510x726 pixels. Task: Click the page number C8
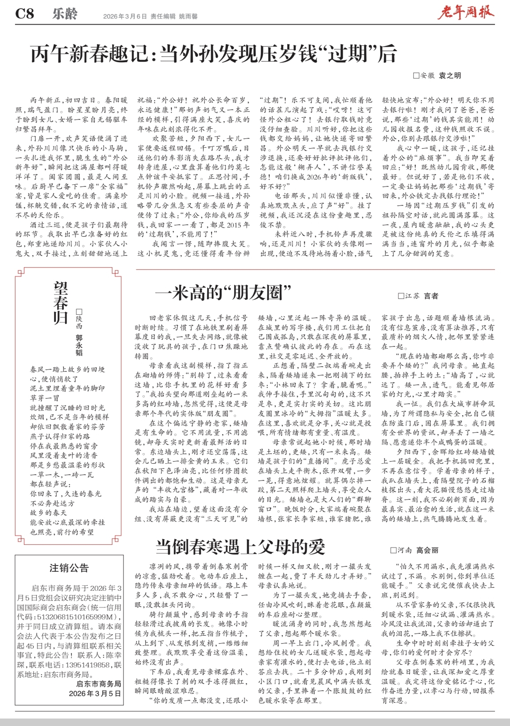click(x=25, y=14)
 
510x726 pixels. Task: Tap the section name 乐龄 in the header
click(x=64, y=14)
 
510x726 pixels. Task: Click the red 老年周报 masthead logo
click(x=465, y=13)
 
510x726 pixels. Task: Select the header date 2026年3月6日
click(x=125, y=16)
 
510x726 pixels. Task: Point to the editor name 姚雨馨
click(x=188, y=16)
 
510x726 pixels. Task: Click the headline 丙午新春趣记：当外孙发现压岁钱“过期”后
click(x=214, y=54)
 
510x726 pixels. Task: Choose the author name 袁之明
click(x=450, y=75)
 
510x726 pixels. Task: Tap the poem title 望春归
click(x=61, y=303)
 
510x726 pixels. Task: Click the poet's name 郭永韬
click(x=79, y=345)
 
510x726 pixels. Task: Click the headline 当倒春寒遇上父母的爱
click(x=240, y=547)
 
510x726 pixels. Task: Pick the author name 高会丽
click(x=427, y=550)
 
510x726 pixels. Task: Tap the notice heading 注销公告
click(x=69, y=568)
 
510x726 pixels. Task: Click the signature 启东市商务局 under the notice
click(x=99, y=684)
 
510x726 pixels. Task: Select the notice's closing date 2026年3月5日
click(x=95, y=693)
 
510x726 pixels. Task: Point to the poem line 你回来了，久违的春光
click(x=66, y=494)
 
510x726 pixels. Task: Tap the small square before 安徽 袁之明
click(x=416, y=76)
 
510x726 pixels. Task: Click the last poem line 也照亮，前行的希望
click(x=62, y=532)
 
